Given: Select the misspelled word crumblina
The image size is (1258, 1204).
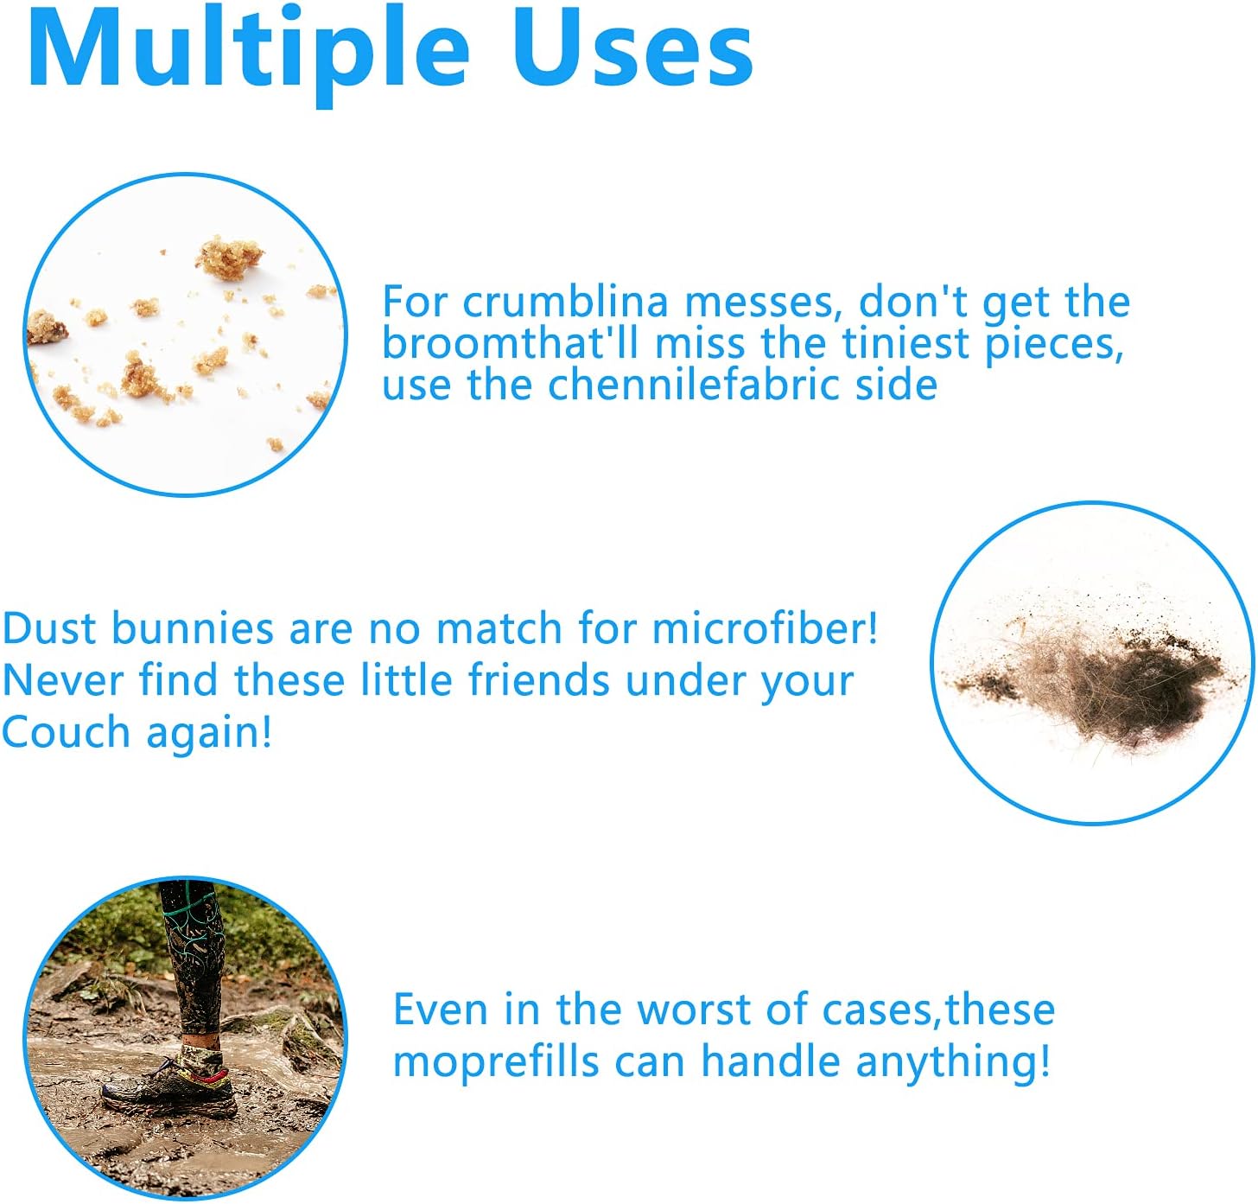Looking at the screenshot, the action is click(565, 302).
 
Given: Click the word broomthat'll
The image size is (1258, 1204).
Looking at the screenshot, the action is click(511, 343).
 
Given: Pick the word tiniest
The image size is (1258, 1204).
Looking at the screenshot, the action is click(905, 343).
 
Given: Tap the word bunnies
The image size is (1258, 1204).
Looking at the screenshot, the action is click(193, 627).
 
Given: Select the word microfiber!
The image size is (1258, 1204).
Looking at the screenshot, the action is click(765, 627).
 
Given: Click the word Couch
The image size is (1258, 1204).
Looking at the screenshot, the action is click(67, 732).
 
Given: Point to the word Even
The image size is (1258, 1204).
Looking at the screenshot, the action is click(441, 1010).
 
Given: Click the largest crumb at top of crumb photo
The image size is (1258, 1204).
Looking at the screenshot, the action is click(229, 258).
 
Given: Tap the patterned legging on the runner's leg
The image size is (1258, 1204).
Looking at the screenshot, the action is click(192, 957).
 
